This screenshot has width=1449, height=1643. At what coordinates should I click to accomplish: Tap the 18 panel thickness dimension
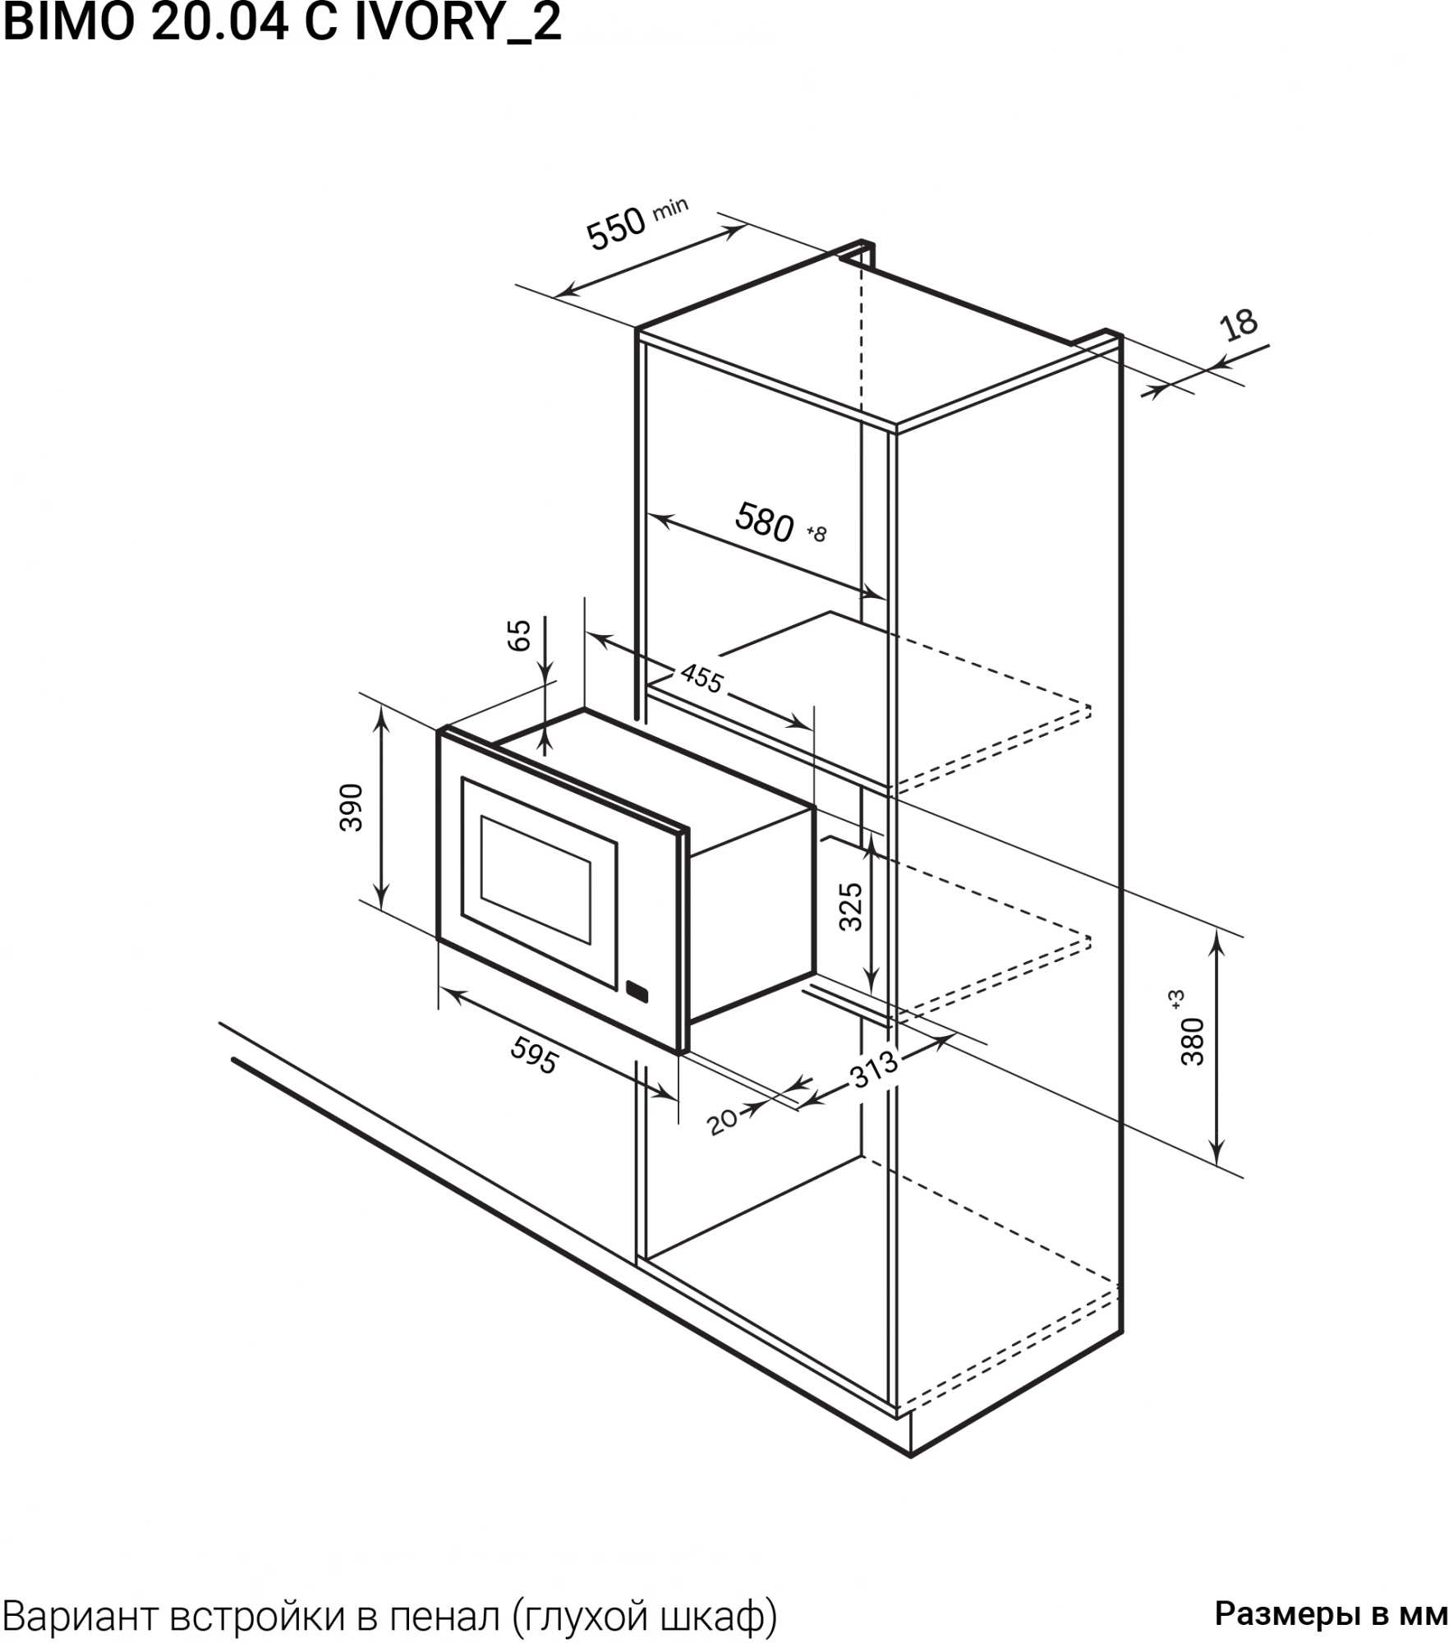1240,324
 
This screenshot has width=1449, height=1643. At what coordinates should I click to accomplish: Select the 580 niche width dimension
765,522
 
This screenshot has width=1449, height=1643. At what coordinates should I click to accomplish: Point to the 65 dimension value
520,636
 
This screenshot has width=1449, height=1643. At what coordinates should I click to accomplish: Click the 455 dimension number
701,679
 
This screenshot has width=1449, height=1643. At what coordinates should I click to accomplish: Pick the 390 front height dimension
352,808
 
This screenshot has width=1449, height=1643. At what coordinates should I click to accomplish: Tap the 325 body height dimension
851,907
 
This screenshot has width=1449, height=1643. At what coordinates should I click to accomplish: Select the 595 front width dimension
534,1055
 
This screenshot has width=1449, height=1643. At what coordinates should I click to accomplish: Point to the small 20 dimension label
723,1122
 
